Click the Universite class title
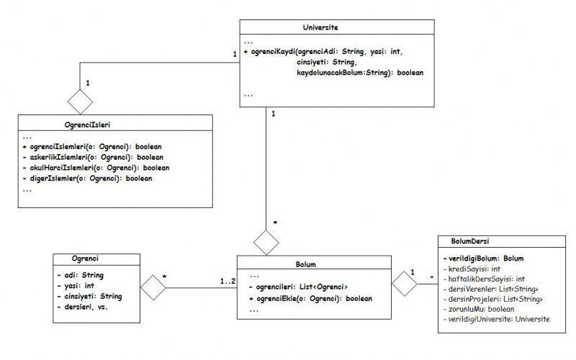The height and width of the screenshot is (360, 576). click(x=320, y=27)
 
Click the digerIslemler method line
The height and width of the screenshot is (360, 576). click(x=89, y=178)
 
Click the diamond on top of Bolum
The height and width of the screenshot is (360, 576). click(x=267, y=240)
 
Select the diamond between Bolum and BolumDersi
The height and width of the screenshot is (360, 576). click(x=403, y=286)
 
